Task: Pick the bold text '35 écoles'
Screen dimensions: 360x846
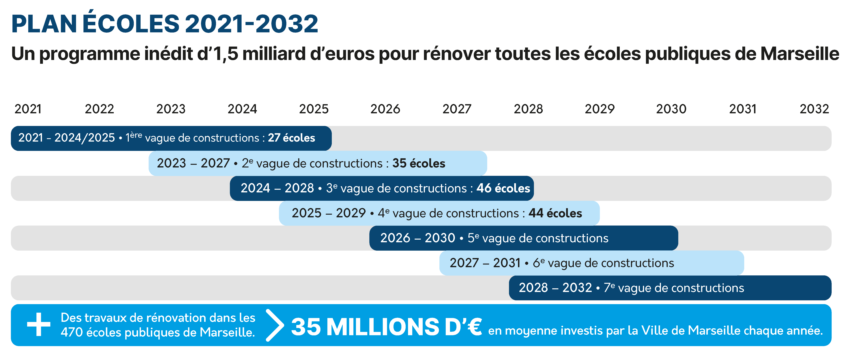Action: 419,163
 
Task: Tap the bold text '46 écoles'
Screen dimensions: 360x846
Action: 503,188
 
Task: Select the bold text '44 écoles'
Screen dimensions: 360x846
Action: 555,213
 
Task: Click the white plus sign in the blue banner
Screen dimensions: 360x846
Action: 39,324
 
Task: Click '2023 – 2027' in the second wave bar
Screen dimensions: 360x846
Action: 193,163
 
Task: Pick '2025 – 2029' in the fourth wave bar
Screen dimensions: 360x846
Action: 328,213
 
